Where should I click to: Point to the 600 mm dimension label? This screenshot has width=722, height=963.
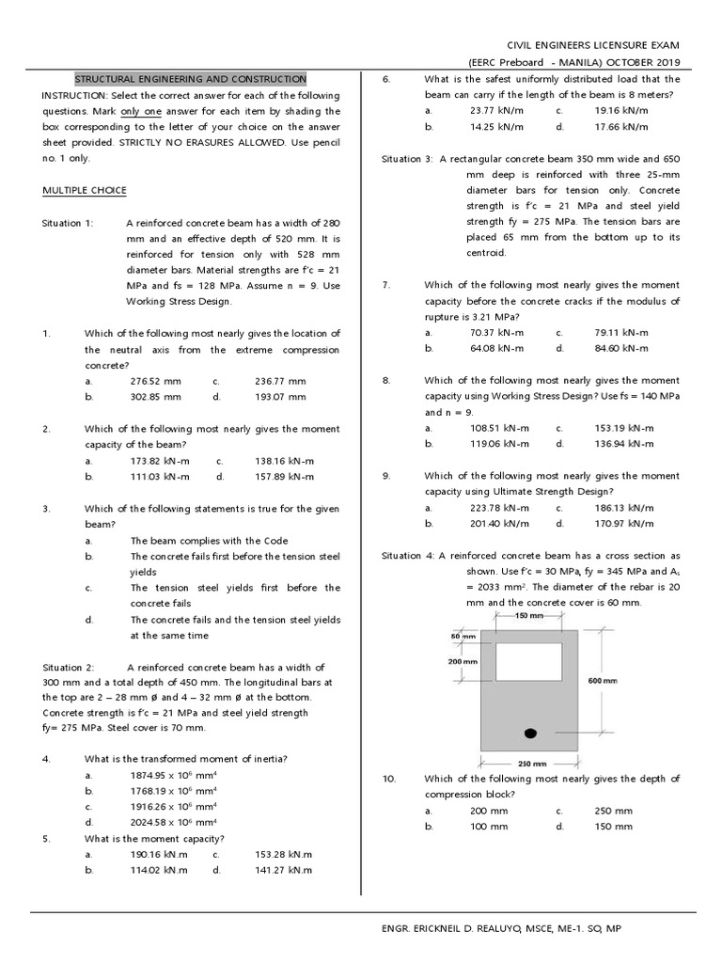click(602, 681)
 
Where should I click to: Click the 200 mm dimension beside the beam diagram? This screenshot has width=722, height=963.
click(461, 661)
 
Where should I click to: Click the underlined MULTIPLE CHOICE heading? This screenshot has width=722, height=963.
click(85, 190)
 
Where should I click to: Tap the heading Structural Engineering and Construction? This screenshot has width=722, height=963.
click(190, 79)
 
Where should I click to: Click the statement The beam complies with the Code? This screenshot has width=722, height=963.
click(209, 541)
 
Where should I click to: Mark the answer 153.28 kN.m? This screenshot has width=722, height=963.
click(283, 855)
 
